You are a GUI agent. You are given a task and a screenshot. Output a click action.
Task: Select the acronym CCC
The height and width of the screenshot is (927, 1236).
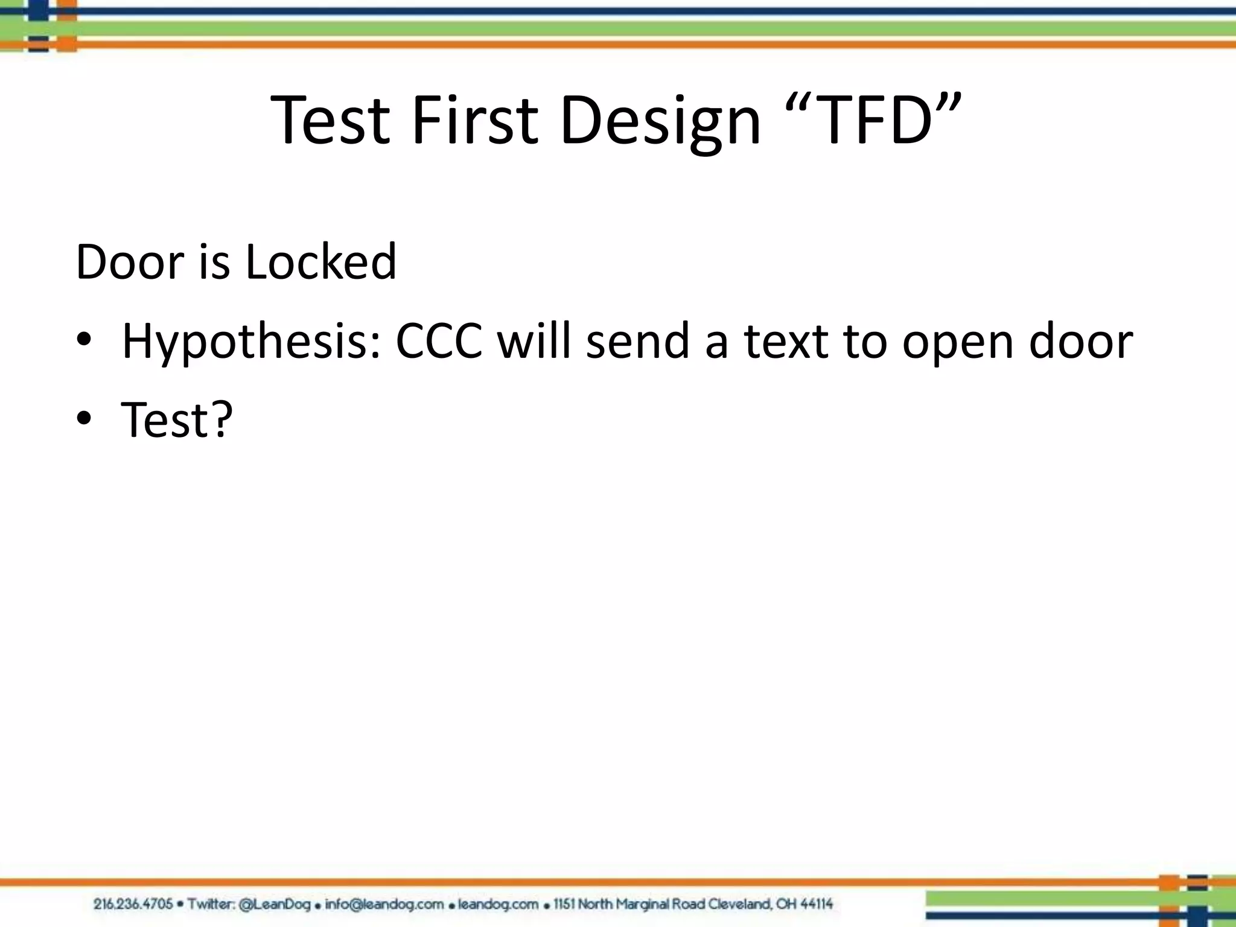[x=439, y=341]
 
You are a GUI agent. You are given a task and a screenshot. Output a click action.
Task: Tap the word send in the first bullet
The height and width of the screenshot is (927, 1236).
[x=637, y=341]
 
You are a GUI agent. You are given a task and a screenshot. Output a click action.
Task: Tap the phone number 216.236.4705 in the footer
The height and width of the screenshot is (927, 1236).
[x=133, y=904]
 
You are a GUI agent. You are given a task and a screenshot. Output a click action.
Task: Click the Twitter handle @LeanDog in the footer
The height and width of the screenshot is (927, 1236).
[x=275, y=904]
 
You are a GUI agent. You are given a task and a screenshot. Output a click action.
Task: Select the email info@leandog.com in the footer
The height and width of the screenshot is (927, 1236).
[x=384, y=904]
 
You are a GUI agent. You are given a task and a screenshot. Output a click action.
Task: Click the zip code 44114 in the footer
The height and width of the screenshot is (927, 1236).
[x=812, y=904]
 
